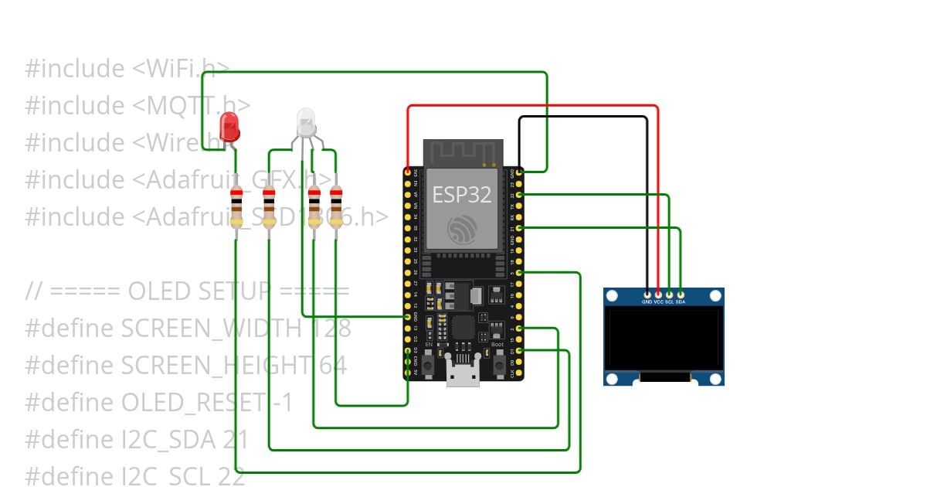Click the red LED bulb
[x=229, y=125]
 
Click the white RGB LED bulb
[x=306, y=120]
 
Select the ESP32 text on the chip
[x=462, y=195]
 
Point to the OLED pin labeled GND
[x=647, y=294]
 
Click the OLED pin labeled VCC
[x=658, y=294]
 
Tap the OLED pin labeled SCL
[x=669, y=294]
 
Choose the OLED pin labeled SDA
[x=681, y=294]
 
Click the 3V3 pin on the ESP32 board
[x=407, y=171]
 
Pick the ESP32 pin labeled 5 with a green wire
[x=519, y=272]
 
